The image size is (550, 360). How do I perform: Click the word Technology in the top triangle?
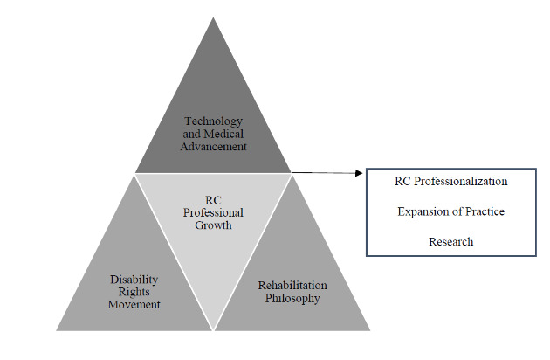click(x=214, y=121)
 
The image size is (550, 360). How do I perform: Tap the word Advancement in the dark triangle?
click(x=214, y=147)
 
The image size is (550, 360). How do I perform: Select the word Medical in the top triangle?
click(x=224, y=134)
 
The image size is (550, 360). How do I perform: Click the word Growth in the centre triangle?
click(x=214, y=225)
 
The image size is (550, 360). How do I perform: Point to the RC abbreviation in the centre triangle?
click(x=214, y=199)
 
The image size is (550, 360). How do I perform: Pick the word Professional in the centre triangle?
click(x=214, y=212)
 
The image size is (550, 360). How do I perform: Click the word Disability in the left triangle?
click(x=134, y=279)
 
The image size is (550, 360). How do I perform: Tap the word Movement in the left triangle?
click(x=134, y=305)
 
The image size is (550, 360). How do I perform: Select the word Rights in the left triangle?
click(x=134, y=292)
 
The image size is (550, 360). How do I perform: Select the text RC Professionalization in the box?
click(x=450, y=182)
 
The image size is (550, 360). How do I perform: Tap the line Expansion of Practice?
click(x=450, y=211)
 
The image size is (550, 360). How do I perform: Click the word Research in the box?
click(x=450, y=241)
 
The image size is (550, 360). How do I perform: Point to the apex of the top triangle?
click(x=213, y=17)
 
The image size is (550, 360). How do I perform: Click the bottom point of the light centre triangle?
click(x=214, y=329)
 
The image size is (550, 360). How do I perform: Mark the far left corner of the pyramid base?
click(x=57, y=329)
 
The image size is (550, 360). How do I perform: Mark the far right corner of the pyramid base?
click(x=370, y=329)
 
